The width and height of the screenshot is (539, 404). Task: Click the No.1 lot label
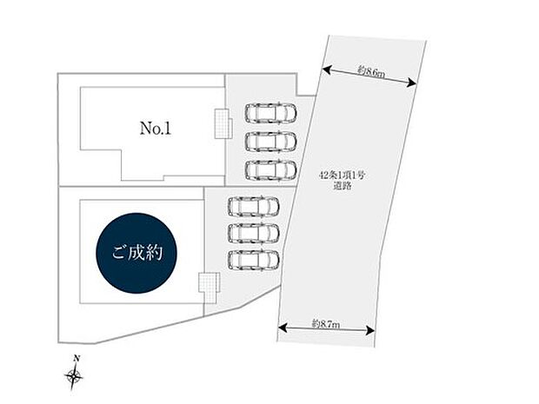click(156, 129)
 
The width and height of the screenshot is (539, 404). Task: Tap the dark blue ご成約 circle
click(139, 254)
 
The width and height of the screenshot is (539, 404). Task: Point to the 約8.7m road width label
click(325, 323)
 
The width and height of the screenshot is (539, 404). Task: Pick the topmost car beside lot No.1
click(270, 113)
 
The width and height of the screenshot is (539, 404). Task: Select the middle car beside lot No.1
click(270, 140)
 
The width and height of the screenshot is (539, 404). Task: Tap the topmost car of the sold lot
click(253, 206)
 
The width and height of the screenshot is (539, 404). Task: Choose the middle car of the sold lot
click(253, 233)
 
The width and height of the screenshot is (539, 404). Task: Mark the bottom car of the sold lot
click(253, 259)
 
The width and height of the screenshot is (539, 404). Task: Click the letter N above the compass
click(77, 359)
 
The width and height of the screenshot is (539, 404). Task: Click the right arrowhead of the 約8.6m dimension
click(412, 83)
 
